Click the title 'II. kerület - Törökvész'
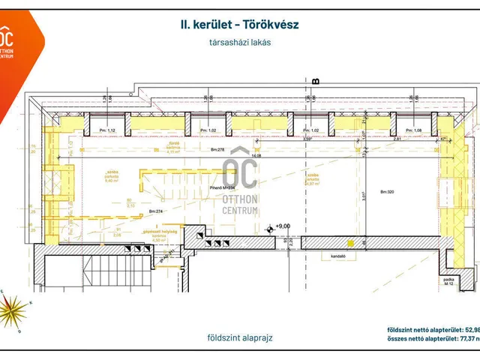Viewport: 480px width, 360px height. [x=240, y=25]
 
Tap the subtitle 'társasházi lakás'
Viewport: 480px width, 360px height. [x=240, y=43]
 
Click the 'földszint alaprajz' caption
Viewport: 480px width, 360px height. [x=242, y=337]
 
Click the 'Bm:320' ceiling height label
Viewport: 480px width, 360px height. [x=387, y=191]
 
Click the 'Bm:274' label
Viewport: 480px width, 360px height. [x=157, y=212]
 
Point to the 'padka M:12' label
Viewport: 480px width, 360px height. [x=449, y=283]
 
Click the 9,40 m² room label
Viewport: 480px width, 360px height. [x=111, y=178]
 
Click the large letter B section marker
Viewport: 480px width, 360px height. [x=316, y=81]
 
